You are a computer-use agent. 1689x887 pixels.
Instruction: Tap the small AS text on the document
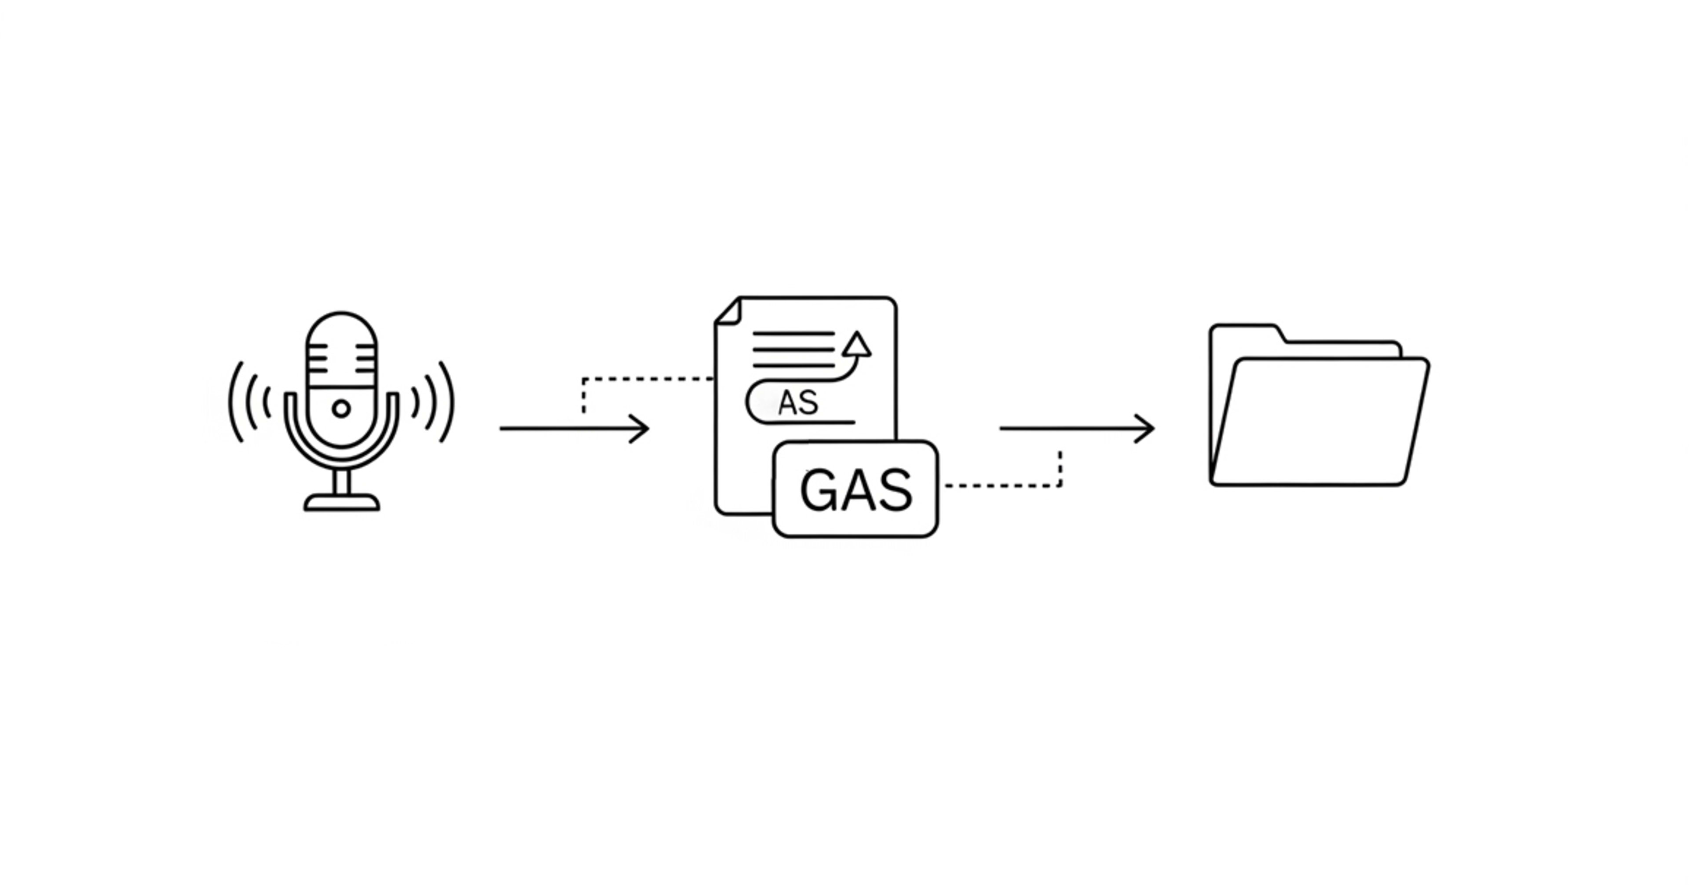pyautogui.click(x=798, y=403)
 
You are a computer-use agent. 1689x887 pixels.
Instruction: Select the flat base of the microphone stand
pyautogui.click(x=342, y=503)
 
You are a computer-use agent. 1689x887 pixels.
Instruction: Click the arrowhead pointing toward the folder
pyautogui.click(x=1148, y=428)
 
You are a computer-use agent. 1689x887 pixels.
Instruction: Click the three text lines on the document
pyautogui.click(x=793, y=350)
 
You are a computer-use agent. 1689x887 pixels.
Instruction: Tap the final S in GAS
pyautogui.click(x=895, y=490)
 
